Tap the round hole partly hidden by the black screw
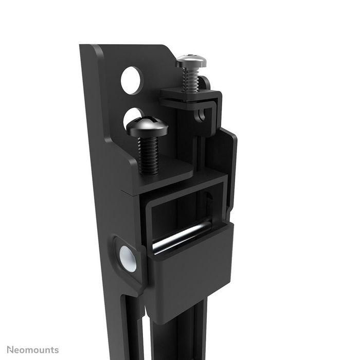[132, 114]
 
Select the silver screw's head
[191, 61]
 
